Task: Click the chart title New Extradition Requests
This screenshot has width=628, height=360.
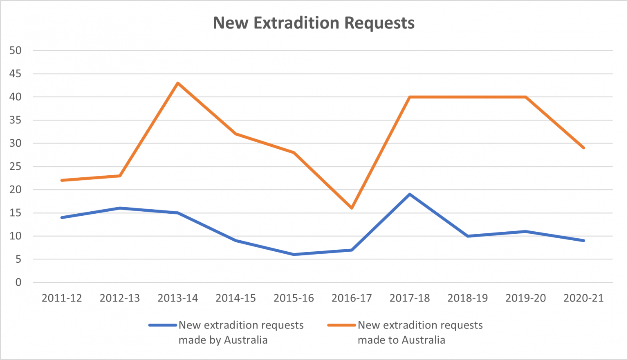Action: tap(314, 23)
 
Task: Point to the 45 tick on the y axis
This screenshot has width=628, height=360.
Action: tap(16, 74)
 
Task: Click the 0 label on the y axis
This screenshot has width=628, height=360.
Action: tap(18, 282)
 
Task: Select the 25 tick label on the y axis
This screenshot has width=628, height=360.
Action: tap(16, 167)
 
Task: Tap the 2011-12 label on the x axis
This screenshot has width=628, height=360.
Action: tap(62, 298)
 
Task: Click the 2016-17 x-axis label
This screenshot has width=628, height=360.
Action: tap(352, 298)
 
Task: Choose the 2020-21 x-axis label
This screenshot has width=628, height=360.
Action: tap(583, 298)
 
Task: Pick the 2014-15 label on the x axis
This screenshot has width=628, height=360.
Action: tap(235, 298)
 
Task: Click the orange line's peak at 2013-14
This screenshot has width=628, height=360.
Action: tap(178, 83)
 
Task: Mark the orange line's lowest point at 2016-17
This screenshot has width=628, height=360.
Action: tap(352, 208)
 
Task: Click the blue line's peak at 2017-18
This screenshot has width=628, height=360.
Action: tap(410, 194)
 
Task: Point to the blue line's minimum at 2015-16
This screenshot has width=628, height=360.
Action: tap(294, 254)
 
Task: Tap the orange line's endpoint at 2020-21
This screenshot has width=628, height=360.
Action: tap(583, 148)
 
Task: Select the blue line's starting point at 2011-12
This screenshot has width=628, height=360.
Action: tap(62, 217)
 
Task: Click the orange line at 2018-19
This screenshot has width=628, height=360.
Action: tap(468, 97)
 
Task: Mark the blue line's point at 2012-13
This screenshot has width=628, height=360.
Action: tap(120, 208)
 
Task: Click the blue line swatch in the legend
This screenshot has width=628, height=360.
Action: tap(163, 325)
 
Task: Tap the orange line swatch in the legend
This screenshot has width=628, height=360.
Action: tap(342, 325)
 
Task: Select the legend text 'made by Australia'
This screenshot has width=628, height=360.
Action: tap(223, 340)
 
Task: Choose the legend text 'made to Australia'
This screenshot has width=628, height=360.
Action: tap(401, 340)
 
